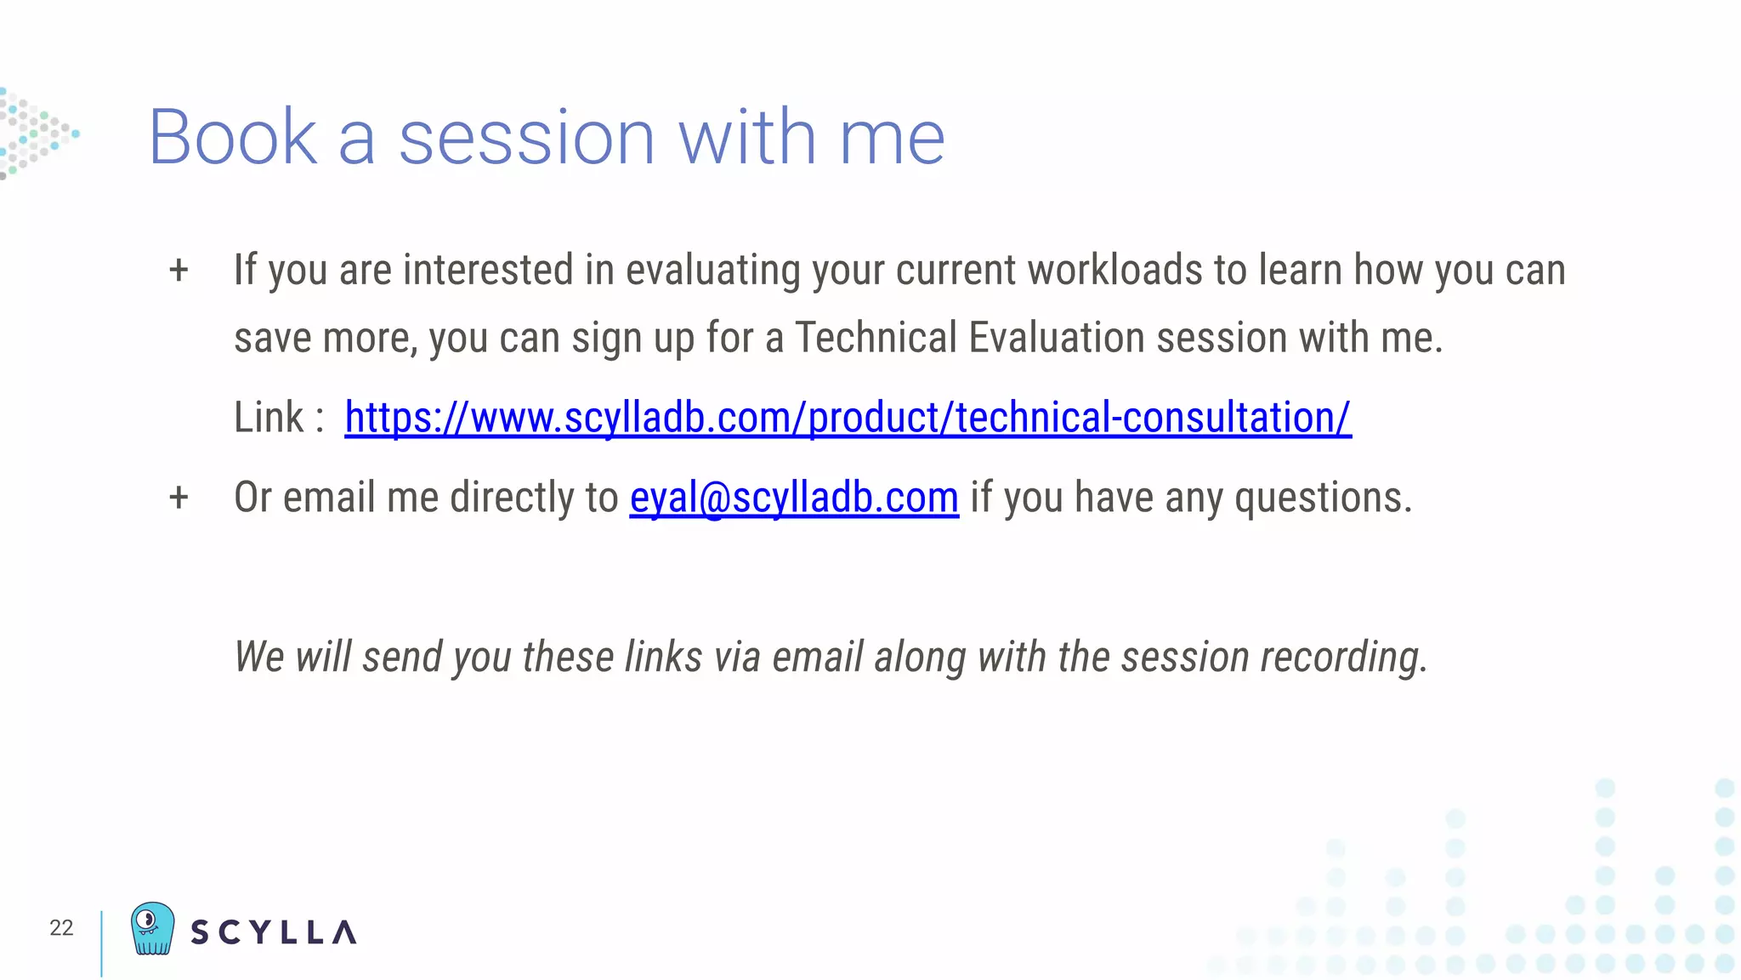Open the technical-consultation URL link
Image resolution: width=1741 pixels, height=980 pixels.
click(x=848, y=418)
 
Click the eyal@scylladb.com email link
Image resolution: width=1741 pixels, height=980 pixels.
click(x=794, y=498)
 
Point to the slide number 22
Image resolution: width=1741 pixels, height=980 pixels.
click(x=61, y=927)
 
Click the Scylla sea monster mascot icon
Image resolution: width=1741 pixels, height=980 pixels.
click(x=153, y=928)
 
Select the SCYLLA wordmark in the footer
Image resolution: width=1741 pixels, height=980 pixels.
click(x=273, y=932)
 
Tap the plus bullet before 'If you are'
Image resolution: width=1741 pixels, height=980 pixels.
click(x=179, y=271)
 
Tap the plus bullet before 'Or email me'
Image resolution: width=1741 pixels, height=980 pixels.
click(x=179, y=498)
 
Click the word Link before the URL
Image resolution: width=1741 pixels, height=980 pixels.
click(x=269, y=418)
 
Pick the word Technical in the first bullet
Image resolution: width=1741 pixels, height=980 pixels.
click(x=876, y=338)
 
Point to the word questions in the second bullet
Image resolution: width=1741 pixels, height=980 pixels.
click(x=1322, y=498)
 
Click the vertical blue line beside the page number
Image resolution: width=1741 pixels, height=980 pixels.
click(x=101, y=943)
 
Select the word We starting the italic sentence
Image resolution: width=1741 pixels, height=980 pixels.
click(x=258, y=657)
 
